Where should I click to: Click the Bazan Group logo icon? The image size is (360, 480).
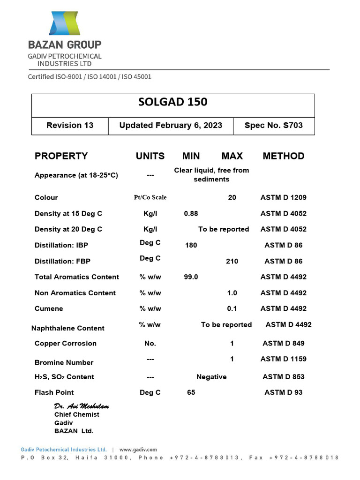[x=65, y=23]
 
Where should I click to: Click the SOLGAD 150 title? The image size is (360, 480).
[x=173, y=103]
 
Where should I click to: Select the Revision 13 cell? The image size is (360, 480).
[x=70, y=125]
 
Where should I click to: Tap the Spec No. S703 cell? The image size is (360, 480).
[x=274, y=125]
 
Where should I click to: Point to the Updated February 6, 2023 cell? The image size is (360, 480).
[x=171, y=125]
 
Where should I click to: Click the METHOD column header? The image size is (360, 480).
[x=283, y=156]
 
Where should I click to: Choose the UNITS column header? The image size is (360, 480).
[x=150, y=156]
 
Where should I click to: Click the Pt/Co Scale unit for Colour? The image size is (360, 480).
[x=150, y=197]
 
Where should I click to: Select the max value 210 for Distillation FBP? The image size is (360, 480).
[x=232, y=261]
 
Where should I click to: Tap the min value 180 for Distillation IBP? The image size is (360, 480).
[x=191, y=245]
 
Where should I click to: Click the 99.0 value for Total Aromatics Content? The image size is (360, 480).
[x=191, y=277]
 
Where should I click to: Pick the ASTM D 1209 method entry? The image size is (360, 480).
[x=283, y=197]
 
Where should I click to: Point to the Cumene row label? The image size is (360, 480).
[x=49, y=308]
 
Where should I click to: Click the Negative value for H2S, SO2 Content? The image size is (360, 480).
[x=211, y=377]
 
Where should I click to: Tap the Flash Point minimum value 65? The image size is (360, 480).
[x=191, y=392]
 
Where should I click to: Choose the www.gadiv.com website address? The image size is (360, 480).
[x=138, y=449]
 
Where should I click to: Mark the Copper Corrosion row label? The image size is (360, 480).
[x=66, y=343]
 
